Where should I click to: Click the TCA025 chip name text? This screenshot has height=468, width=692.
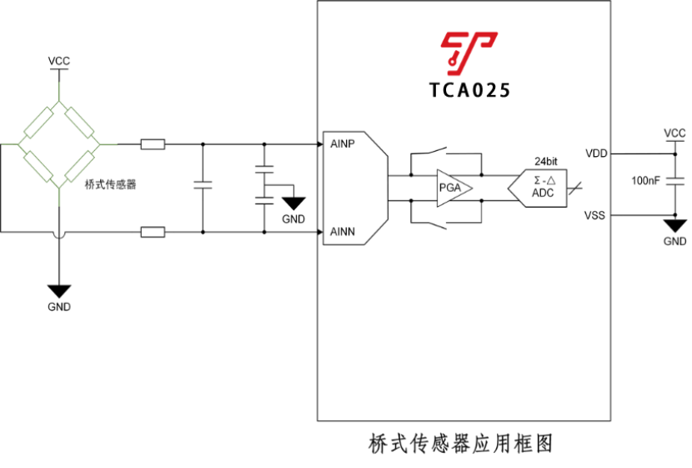tap(469, 90)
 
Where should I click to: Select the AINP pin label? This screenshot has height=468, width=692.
tap(343, 144)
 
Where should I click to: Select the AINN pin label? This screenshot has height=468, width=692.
tap(343, 231)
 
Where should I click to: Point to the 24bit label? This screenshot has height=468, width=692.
tap(545, 160)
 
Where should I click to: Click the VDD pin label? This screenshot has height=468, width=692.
tap(596, 153)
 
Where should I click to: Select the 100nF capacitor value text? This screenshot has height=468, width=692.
tap(648, 180)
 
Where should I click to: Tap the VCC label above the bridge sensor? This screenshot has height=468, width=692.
tap(59, 62)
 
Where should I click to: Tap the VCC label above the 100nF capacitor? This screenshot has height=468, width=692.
tap(674, 133)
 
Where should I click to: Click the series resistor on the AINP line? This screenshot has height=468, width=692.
tap(153, 144)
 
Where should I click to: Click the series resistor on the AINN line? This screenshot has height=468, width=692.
tap(153, 232)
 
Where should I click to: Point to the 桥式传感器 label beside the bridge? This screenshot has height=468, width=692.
tap(110, 184)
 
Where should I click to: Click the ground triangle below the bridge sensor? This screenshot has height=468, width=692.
tap(59, 291)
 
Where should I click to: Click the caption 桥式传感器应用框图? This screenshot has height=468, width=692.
tap(461, 443)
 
